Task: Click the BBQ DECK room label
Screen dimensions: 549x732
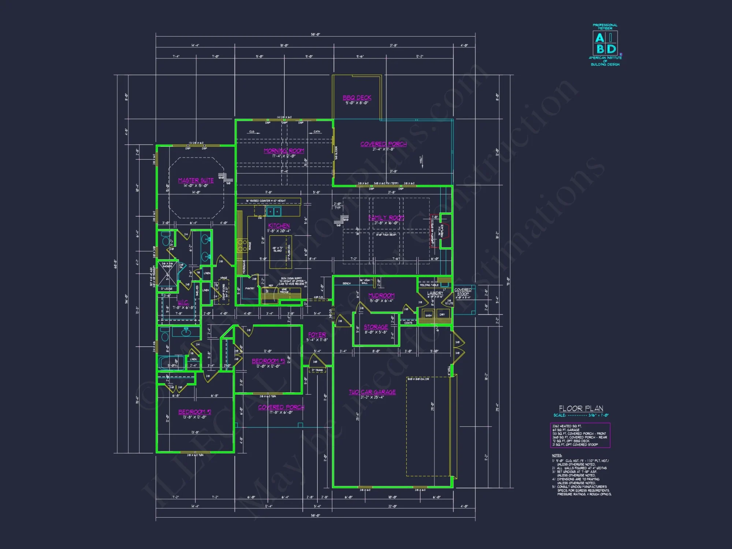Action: click(x=357, y=98)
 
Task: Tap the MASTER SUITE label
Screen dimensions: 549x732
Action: click(x=196, y=180)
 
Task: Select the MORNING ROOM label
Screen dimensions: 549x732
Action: click(x=284, y=151)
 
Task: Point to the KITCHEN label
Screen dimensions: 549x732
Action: click(x=279, y=226)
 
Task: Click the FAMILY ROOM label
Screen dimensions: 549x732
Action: click(x=386, y=218)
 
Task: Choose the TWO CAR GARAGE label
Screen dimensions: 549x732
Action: click(x=372, y=392)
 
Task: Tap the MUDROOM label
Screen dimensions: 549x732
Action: click(x=381, y=295)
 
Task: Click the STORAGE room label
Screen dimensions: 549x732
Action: click(x=376, y=327)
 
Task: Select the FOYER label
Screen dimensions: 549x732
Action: click(x=317, y=335)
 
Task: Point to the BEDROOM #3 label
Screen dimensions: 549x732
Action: click(x=268, y=361)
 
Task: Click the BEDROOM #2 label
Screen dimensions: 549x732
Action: click(x=195, y=412)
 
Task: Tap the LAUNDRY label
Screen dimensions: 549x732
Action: click(x=435, y=293)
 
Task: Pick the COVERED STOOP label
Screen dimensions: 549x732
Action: click(x=463, y=292)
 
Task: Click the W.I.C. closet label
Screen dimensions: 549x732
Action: click(x=183, y=302)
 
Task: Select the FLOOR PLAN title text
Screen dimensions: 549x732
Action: click(x=581, y=408)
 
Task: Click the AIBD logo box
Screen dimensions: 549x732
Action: click(x=605, y=43)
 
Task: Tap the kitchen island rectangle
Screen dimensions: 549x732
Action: click(x=280, y=252)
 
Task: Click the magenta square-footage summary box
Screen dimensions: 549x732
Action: click(x=580, y=435)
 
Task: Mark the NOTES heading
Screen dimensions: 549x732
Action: click(x=557, y=455)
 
